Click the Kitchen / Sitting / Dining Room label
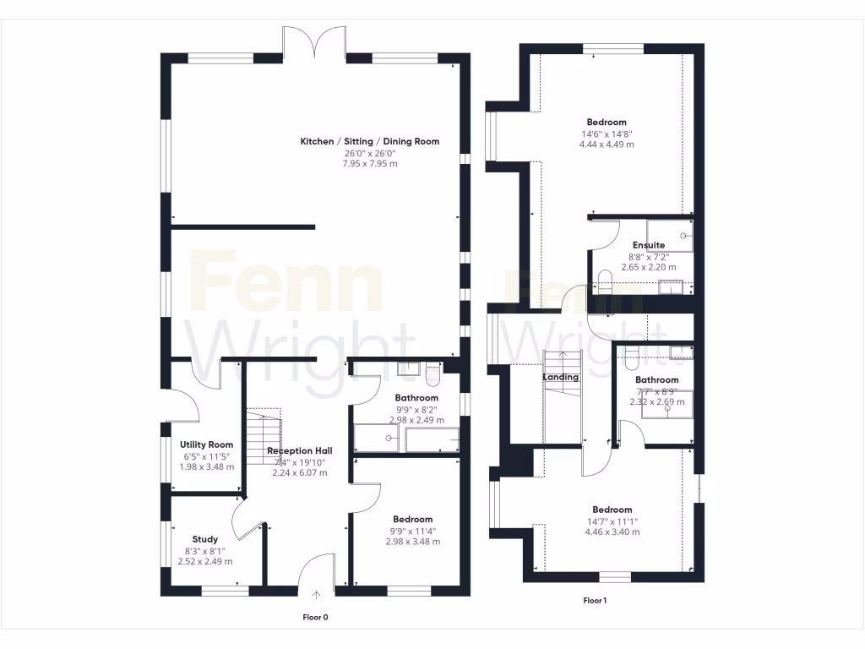369,141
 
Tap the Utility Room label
206,444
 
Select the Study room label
204,539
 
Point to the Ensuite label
648,245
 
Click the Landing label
560,377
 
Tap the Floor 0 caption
315,618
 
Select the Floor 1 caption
595,601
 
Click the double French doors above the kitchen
313,41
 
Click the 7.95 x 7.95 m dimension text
369,163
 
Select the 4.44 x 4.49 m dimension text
607,145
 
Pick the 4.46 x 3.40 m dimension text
612,532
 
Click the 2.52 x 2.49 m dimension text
204,561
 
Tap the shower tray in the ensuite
670,236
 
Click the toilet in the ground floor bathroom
433,369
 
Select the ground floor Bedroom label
412,519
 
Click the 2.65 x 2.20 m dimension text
648,267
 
